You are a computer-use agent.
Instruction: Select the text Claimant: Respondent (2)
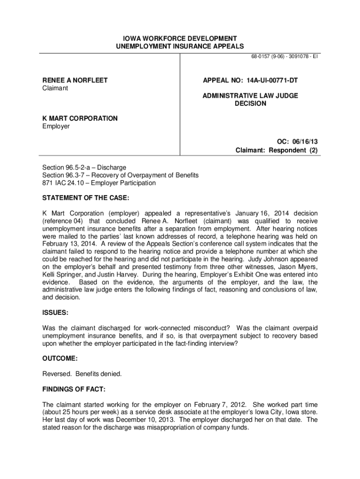[276, 150]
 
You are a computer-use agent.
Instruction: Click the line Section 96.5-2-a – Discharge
[84, 167]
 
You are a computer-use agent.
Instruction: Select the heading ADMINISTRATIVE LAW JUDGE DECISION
[250, 100]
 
